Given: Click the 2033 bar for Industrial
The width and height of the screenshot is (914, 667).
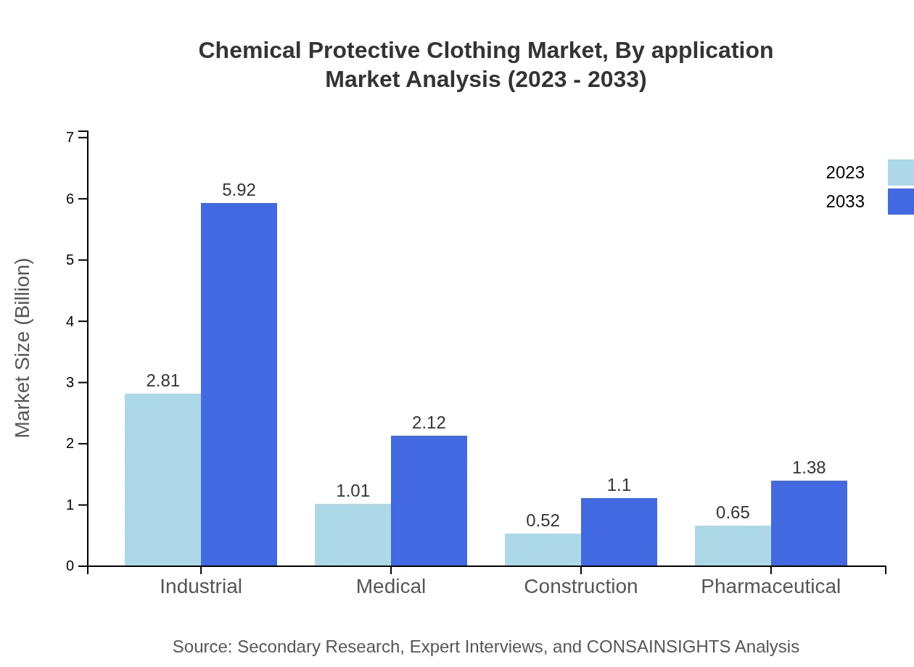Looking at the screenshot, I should tap(239, 384).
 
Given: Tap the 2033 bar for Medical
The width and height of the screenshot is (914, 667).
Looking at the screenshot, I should tap(429, 500).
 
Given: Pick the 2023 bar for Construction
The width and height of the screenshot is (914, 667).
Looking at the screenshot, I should tap(543, 550).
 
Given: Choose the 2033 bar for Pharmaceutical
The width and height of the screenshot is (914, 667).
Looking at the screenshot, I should tap(809, 523).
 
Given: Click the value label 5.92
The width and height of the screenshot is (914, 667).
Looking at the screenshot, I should tap(239, 190).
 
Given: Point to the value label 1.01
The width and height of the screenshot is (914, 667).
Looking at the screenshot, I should tap(353, 491).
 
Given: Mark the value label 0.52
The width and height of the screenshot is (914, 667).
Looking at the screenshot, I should tap(543, 521).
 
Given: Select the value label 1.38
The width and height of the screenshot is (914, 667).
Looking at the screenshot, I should tap(809, 468).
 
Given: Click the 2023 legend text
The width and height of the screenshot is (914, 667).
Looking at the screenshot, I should tap(845, 173).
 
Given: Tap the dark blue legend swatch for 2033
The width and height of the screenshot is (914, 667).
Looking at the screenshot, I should tap(900, 202).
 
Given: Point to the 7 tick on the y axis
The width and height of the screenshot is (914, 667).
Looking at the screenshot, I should tap(70, 137).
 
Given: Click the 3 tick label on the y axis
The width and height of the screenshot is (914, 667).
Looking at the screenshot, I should tap(70, 382).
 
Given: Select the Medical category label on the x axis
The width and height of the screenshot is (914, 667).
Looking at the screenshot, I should tap(391, 586).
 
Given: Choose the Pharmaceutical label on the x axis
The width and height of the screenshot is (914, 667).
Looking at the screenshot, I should tap(770, 586).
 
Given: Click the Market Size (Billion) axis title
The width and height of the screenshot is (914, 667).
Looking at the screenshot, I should tap(23, 348).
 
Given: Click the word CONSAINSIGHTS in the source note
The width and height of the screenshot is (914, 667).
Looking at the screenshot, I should tap(657, 646).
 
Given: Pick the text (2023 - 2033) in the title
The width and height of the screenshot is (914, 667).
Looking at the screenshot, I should tap(577, 79).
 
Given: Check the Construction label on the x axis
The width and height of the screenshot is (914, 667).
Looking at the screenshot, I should tap(580, 586).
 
